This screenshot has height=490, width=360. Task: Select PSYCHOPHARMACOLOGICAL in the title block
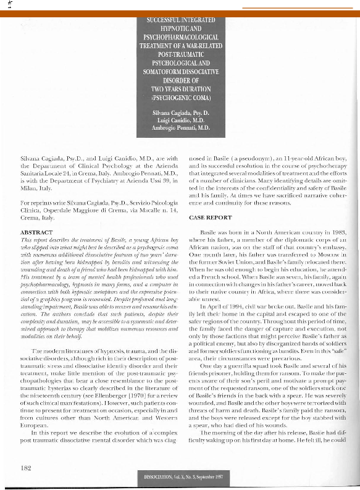coord(180,37)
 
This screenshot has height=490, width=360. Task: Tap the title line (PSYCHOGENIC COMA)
coord(180,97)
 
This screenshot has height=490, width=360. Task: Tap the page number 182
coord(25,468)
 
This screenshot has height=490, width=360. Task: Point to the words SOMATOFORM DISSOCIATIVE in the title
coord(180,71)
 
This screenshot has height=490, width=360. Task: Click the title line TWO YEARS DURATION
coord(180,88)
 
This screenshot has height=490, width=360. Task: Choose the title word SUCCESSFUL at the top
coord(162,20)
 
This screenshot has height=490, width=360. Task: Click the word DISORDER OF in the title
coord(180,80)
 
